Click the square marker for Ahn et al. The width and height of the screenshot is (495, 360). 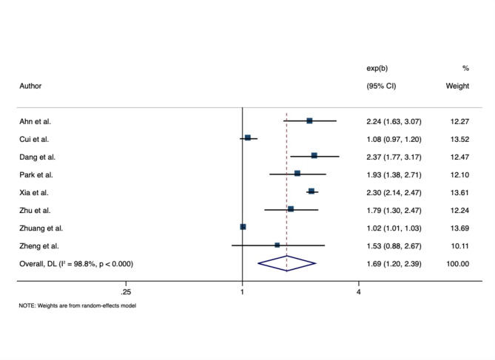click(309, 120)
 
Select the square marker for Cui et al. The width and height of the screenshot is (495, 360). click(248, 137)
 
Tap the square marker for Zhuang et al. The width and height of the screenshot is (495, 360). click(243, 227)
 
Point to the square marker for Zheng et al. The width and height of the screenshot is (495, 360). click(277, 245)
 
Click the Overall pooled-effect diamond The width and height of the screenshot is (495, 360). click(286, 263)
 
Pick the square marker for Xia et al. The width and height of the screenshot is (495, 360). click(312, 191)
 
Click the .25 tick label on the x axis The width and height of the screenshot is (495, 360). click(126, 292)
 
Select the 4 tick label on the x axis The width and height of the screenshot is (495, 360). click(358, 292)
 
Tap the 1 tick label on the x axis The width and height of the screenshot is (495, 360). click(242, 292)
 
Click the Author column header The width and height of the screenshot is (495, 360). click(30, 86)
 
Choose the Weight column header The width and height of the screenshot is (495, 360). click(457, 86)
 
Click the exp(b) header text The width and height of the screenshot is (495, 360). click(377, 68)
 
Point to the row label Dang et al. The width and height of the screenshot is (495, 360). click(37, 157)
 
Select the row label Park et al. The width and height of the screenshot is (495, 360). click(36, 174)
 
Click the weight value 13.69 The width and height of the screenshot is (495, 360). click(459, 228)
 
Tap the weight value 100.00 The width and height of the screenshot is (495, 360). click(458, 264)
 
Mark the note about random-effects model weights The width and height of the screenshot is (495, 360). click(78, 305)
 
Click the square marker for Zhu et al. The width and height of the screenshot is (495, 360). click(291, 209)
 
